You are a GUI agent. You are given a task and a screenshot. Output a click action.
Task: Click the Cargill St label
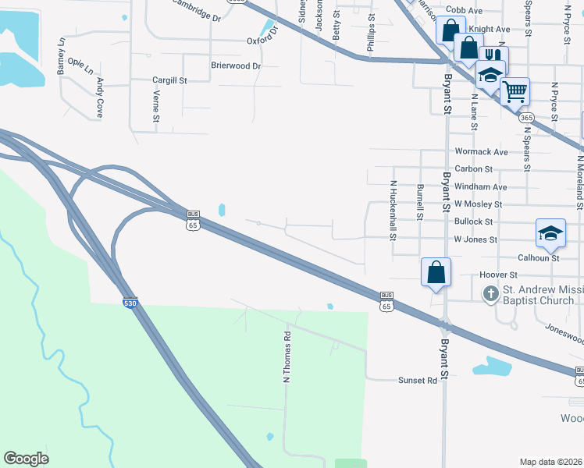(169, 80)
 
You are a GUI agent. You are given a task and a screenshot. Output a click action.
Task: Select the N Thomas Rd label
(287, 357)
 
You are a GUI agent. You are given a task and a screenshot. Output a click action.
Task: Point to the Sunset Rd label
(421, 380)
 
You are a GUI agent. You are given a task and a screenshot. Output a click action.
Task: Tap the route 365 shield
(526, 116)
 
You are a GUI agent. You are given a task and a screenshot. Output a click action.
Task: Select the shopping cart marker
(515, 90)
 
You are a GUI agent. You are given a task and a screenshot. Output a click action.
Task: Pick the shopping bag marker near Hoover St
(436, 273)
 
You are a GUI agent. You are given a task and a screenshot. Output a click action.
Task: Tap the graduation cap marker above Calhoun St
(550, 233)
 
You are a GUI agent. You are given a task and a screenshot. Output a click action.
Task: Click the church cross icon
(490, 294)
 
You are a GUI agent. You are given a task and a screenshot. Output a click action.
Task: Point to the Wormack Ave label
(481, 152)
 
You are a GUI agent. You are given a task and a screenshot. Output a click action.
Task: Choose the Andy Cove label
(99, 97)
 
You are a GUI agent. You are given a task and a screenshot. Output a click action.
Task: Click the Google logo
(26, 459)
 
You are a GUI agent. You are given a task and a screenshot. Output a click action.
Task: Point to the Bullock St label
(473, 222)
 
